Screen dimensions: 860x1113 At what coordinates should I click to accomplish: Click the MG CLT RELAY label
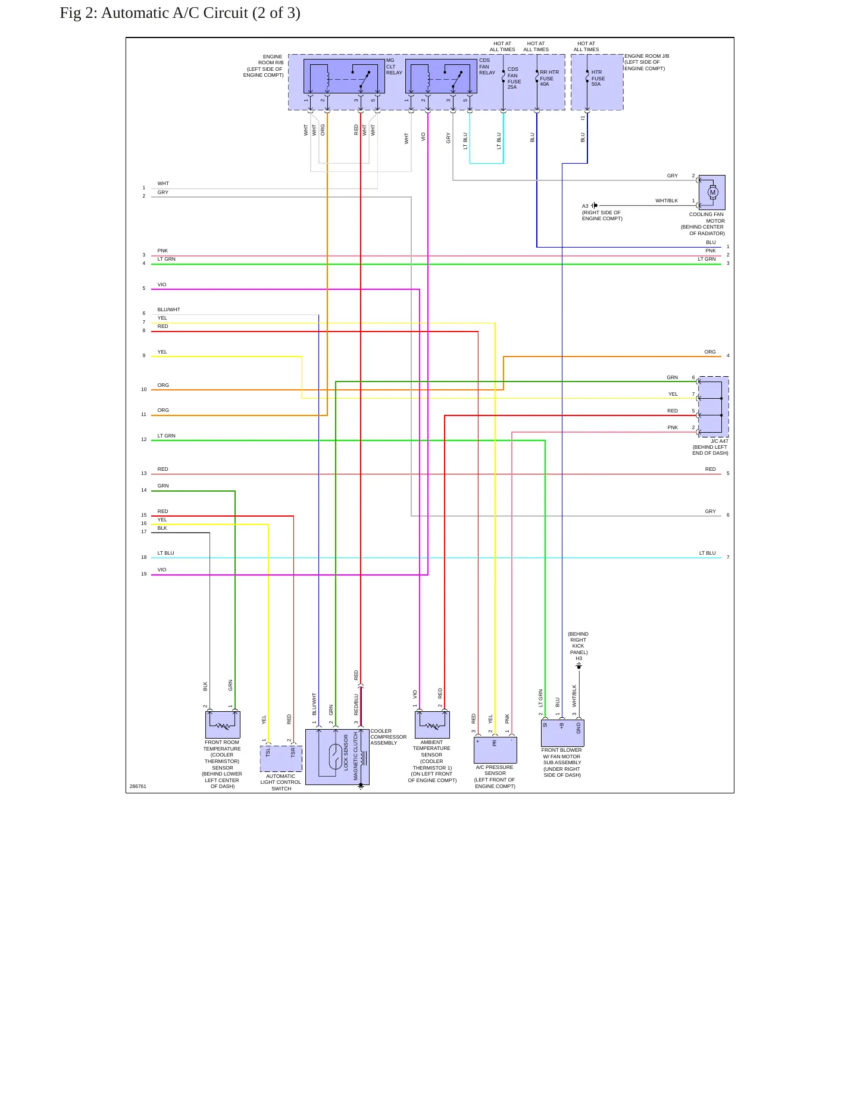tap(394, 67)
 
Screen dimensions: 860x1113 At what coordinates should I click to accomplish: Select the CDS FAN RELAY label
tap(487, 67)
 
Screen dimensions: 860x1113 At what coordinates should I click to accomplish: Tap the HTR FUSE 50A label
tap(598, 78)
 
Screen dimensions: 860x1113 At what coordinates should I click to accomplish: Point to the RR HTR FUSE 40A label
tap(549, 78)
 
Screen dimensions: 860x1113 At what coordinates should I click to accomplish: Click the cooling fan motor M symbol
tap(713, 192)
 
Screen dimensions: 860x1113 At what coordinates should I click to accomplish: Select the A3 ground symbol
tap(595, 205)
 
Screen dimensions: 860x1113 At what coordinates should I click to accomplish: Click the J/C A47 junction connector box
tap(713, 407)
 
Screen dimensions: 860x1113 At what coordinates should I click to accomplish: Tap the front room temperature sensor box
tap(223, 725)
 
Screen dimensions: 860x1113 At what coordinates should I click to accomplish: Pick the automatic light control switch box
tap(281, 759)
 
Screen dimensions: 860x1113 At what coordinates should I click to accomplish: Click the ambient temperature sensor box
tap(432, 725)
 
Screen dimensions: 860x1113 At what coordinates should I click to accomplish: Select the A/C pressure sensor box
tap(495, 750)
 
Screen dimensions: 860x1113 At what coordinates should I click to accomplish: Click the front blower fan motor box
tap(562, 733)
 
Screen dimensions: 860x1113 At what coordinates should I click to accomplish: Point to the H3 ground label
tap(578, 658)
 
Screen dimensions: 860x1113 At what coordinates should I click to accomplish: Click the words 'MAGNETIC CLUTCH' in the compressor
tap(356, 756)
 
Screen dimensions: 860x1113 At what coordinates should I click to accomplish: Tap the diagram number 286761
tap(138, 786)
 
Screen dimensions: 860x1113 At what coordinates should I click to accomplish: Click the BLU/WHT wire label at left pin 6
tap(168, 309)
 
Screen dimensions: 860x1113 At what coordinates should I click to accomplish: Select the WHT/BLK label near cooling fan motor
tap(667, 201)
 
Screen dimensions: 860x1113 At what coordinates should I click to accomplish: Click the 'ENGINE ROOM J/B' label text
tap(647, 56)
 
